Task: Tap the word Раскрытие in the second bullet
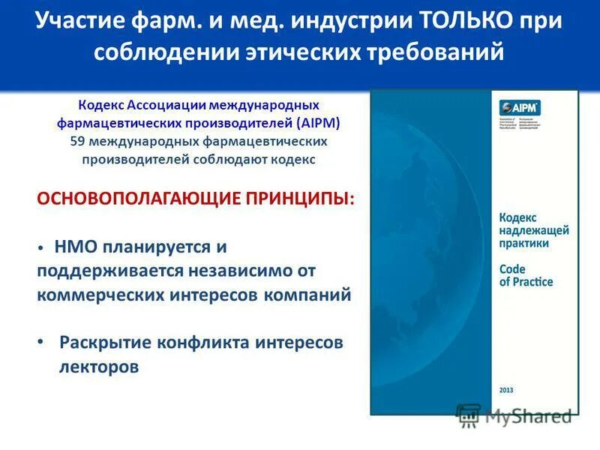104,342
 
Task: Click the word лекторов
99,367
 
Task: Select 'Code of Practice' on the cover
526,275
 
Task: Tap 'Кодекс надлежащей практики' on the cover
534,229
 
